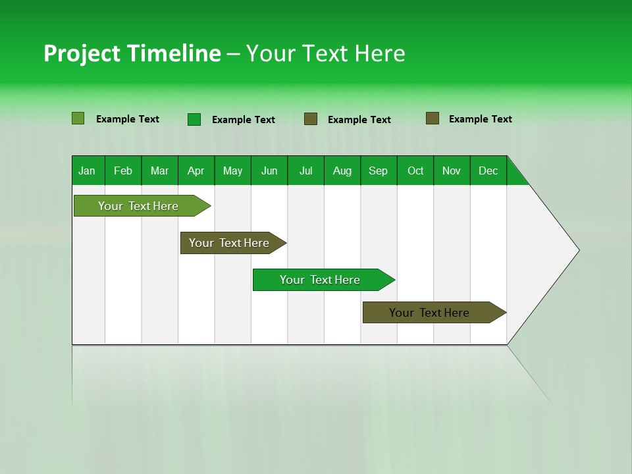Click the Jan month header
pyautogui.click(x=87, y=171)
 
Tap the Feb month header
pyautogui.click(x=123, y=171)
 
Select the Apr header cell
pyautogui.click(x=196, y=171)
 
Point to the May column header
pyautogui.click(x=232, y=171)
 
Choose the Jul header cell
pyautogui.click(x=305, y=171)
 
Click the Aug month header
pyautogui.click(x=342, y=171)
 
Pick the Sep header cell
pyautogui.click(x=378, y=171)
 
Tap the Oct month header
pyautogui.click(x=415, y=171)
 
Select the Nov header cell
pyautogui.click(x=452, y=171)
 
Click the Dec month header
pyautogui.click(x=488, y=171)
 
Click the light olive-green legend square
pyautogui.click(x=78, y=118)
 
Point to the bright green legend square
pyautogui.click(x=194, y=119)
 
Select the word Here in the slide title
pyautogui.click(x=380, y=53)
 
